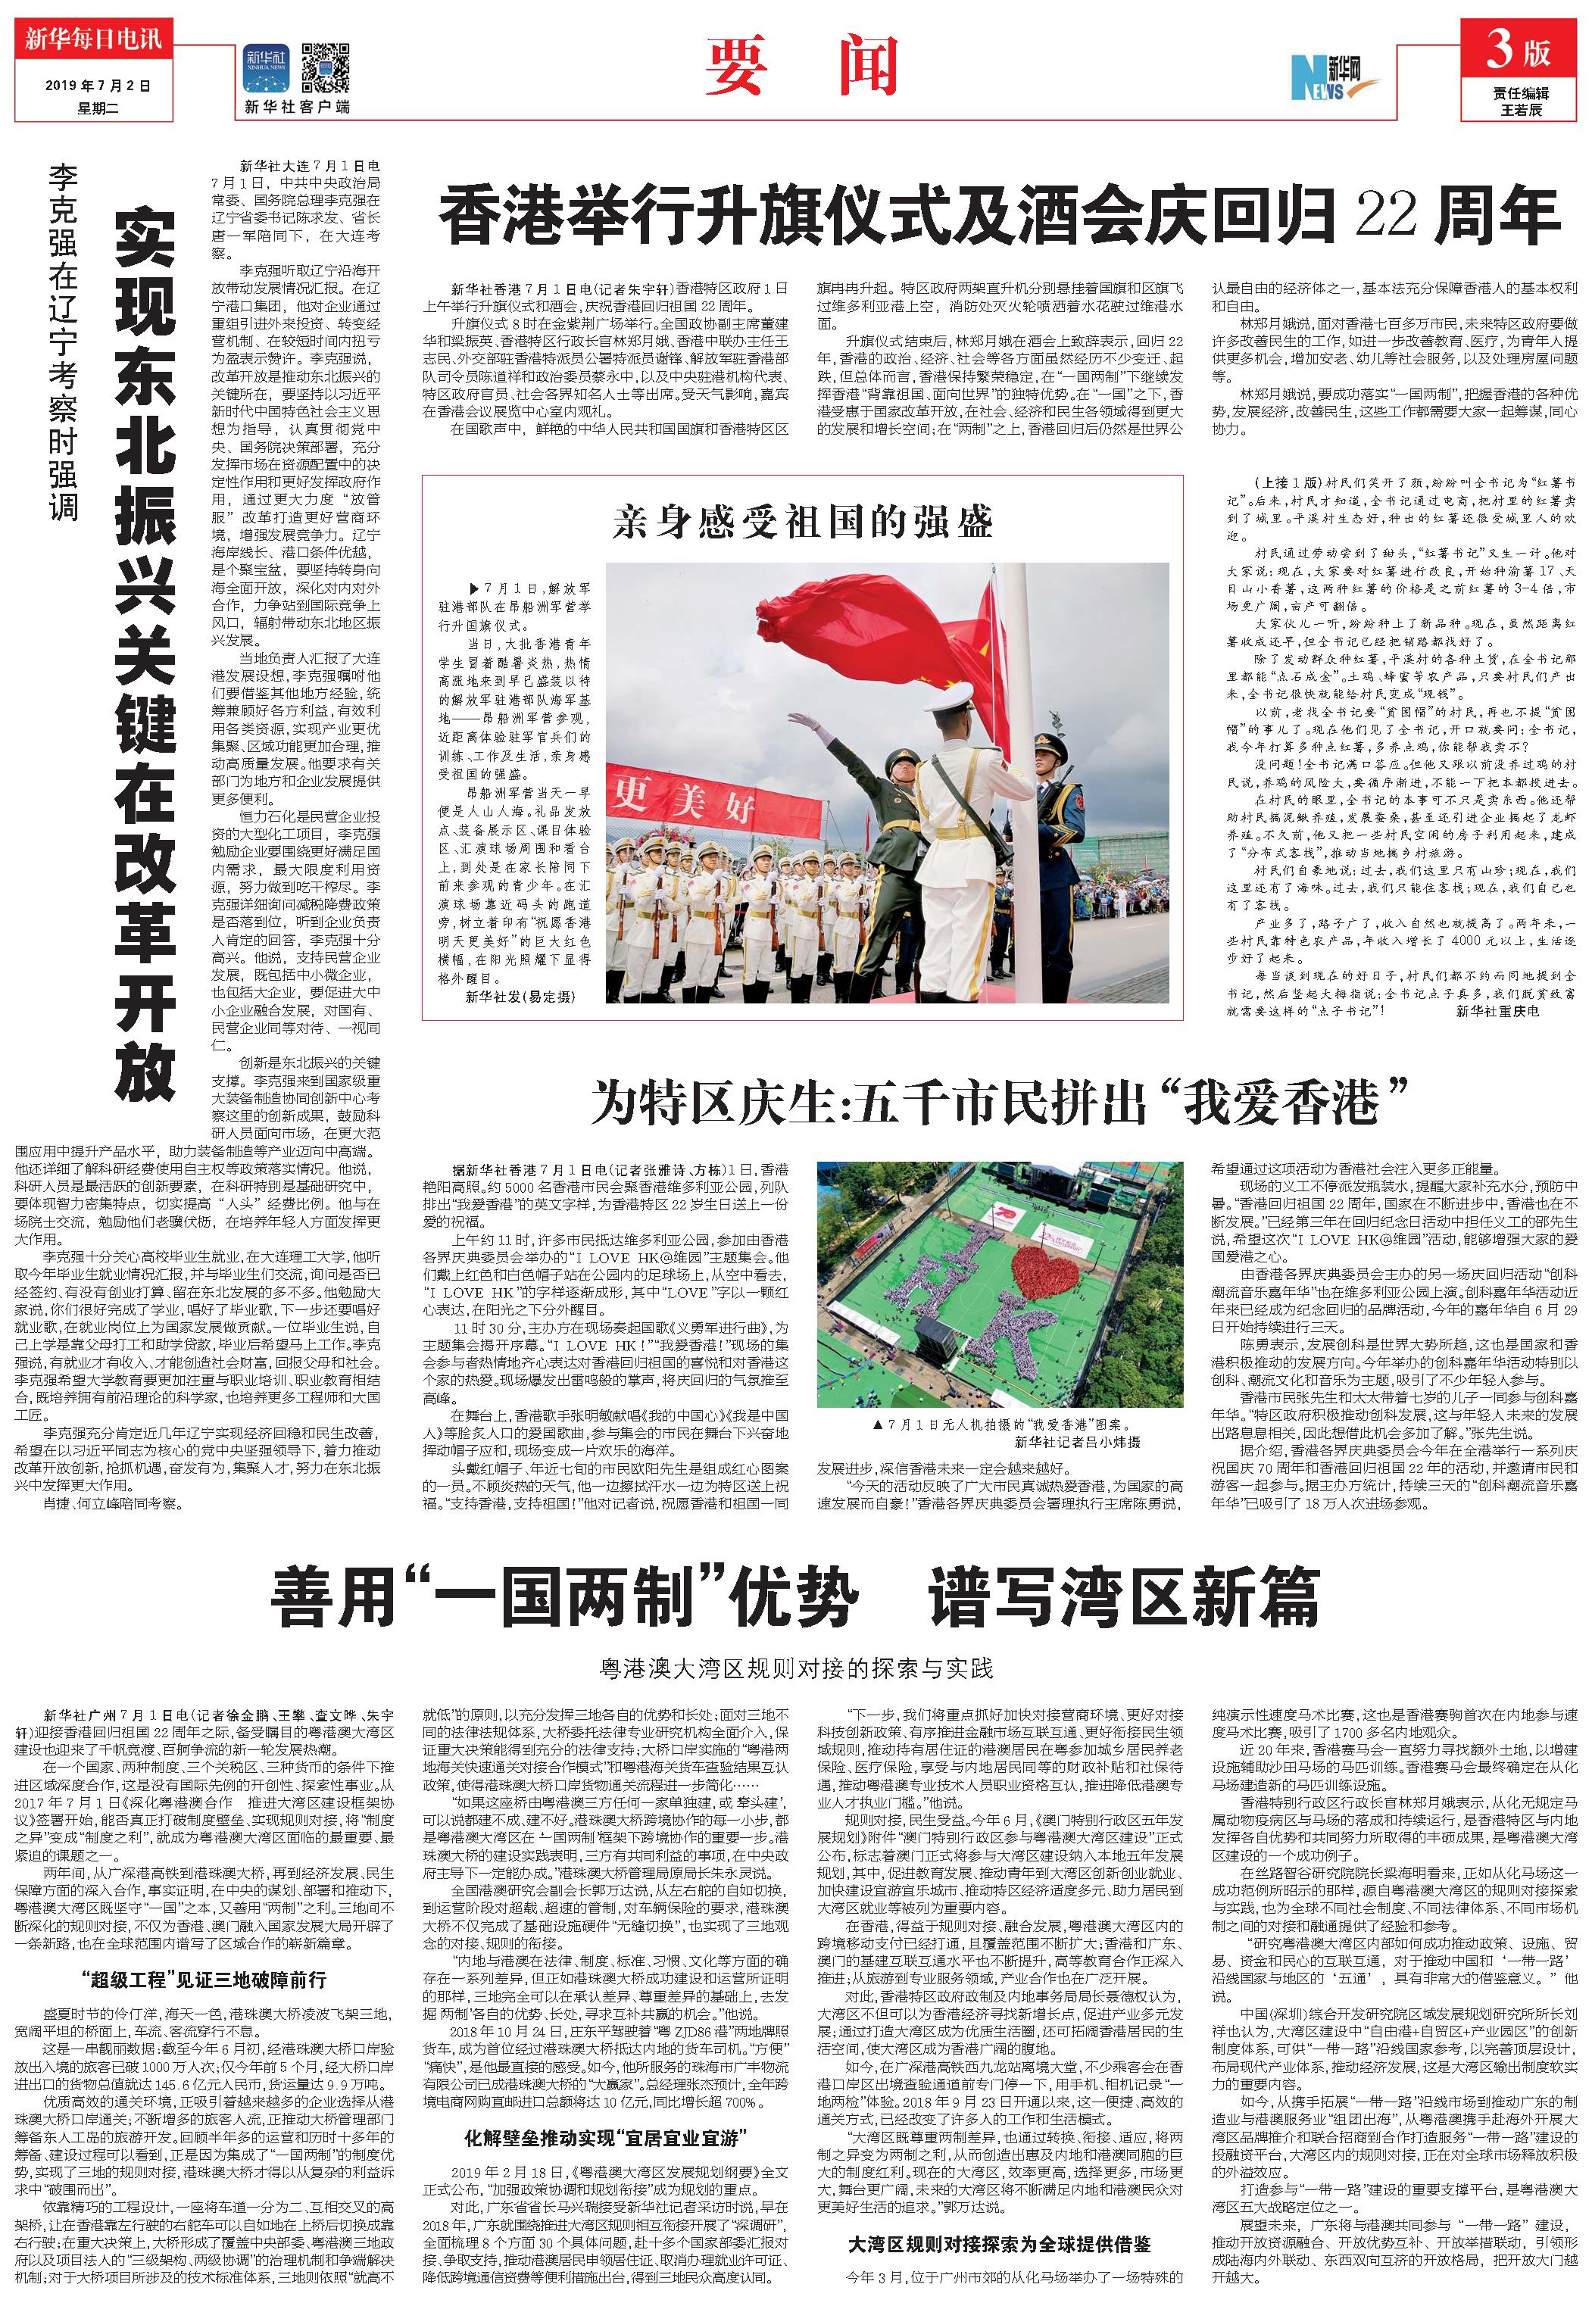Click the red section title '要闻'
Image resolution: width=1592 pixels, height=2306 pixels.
click(802, 67)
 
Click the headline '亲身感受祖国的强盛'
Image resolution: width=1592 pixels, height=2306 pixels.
click(802, 522)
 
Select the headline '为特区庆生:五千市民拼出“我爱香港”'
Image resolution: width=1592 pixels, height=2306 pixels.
click(998, 1101)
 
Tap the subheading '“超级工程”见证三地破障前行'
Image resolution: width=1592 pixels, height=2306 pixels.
click(202, 1978)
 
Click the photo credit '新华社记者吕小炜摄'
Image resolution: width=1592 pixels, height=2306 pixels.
click(1076, 1442)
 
